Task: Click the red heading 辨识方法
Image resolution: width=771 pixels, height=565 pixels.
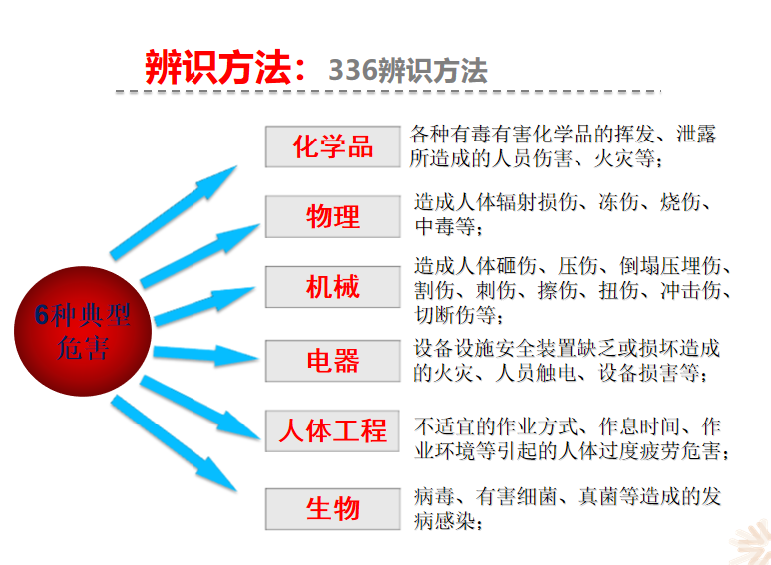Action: tap(218, 68)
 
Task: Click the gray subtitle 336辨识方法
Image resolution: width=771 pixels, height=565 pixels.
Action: tap(408, 71)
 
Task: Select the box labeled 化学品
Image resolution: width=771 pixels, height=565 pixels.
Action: tap(333, 146)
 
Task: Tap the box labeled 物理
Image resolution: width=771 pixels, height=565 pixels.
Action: tap(333, 216)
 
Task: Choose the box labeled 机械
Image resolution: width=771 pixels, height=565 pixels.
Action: tap(333, 287)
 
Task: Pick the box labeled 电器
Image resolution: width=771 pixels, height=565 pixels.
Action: tap(333, 361)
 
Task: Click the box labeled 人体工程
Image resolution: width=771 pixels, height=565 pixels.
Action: tap(332, 430)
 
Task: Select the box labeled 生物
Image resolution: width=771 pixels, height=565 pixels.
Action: tap(333, 509)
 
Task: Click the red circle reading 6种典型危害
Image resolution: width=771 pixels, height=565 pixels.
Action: tap(83, 331)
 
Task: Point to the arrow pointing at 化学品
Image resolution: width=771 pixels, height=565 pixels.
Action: tap(174, 212)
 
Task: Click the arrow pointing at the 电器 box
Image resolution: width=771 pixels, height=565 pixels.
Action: tap(206, 355)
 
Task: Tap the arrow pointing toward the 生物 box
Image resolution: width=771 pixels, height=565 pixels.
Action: tap(174, 443)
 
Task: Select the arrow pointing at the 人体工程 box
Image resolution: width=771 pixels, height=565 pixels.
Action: tap(200, 408)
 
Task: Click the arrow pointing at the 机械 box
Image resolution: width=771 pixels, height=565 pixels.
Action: tap(204, 306)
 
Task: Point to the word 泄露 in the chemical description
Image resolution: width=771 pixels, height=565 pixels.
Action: tap(696, 135)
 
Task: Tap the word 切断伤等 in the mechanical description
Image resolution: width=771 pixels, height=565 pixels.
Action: tap(455, 315)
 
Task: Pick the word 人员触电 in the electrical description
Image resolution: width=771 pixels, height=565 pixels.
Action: tap(536, 373)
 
